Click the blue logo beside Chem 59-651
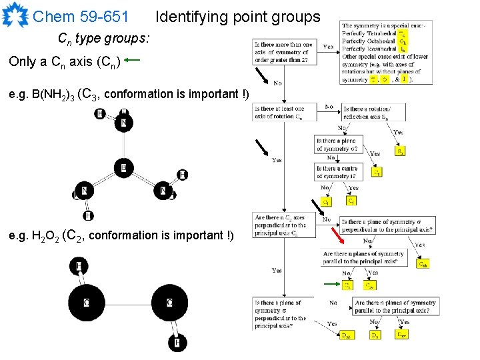point(15,15)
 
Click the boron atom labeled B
point(123,167)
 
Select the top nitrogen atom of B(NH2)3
point(123,123)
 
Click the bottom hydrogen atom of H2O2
point(177,343)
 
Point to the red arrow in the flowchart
point(339,231)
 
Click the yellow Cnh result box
point(423,263)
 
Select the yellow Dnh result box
point(347,335)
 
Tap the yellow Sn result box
point(400,151)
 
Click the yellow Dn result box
point(376,335)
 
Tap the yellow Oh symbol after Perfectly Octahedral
point(402,41)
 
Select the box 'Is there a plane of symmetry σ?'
point(337,144)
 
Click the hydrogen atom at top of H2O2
point(79,267)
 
